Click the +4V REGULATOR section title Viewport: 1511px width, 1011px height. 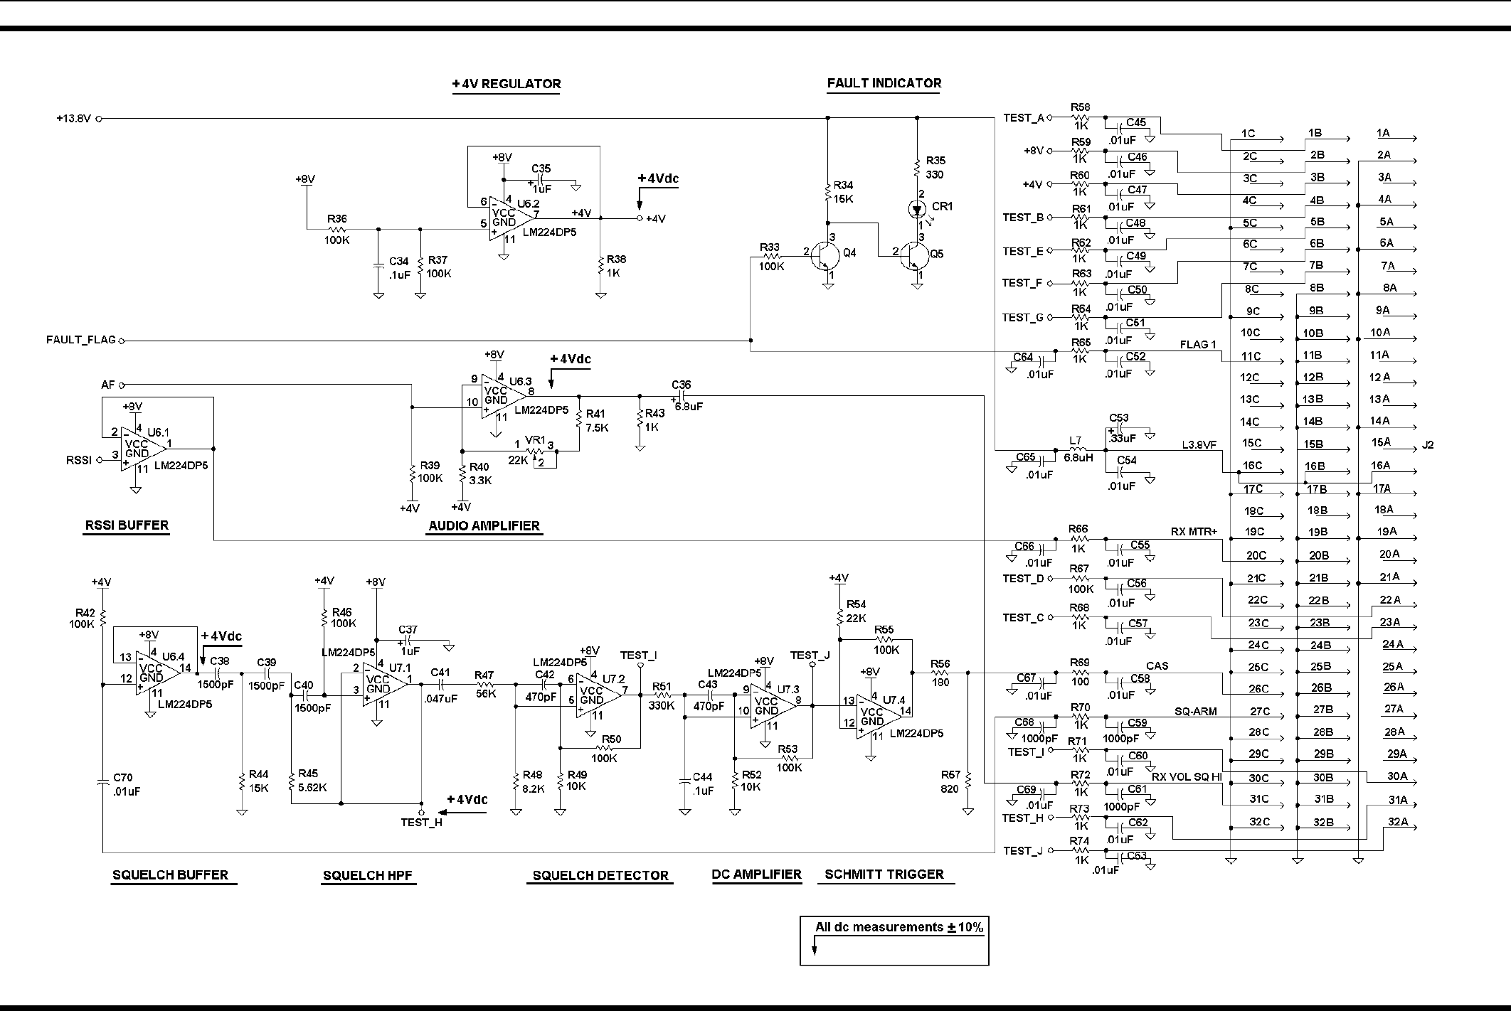(x=506, y=84)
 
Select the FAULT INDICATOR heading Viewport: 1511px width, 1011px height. (x=884, y=83)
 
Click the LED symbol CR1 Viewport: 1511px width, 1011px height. (x=917, y=210)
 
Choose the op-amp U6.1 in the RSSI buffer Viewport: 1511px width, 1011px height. (x=143, y=449)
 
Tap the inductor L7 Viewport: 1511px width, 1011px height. (x=1078, y=450)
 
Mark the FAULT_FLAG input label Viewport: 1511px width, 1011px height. (x=81, y=340)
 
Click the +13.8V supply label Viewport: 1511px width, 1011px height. (x=74, y=119)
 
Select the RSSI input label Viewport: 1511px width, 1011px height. (x=79, y=460)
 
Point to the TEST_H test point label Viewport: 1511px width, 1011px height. (x=421, y=823)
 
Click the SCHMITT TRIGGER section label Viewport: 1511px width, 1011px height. (x=884, y=874)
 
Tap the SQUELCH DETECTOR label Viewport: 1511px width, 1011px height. (x=600, y=876)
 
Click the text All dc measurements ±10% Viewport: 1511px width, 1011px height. (x=898, y=927)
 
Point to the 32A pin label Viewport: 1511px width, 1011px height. (x=1397, y=822)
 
